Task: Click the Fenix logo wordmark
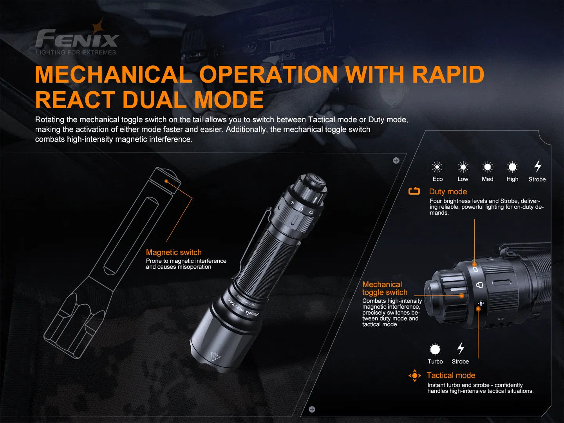click(77, 39)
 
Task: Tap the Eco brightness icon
click(437, 167)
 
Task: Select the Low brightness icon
click(463, 167)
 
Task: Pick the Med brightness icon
click(488, 167)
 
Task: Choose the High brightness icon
click(512, 167)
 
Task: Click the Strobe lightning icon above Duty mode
click(538, 166)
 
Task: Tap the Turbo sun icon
click(435, 349)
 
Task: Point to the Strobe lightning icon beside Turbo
click(461, 348)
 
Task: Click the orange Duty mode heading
click(448, 192)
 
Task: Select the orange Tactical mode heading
click(451, 375)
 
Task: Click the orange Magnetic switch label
click(174, 252)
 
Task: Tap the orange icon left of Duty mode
click(414, 191)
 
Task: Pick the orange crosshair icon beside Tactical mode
click(414, 376)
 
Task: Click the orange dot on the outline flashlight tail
click(166, 181)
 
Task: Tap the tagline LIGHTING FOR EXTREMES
click(76, 52)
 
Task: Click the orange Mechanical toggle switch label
click(385, 288)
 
